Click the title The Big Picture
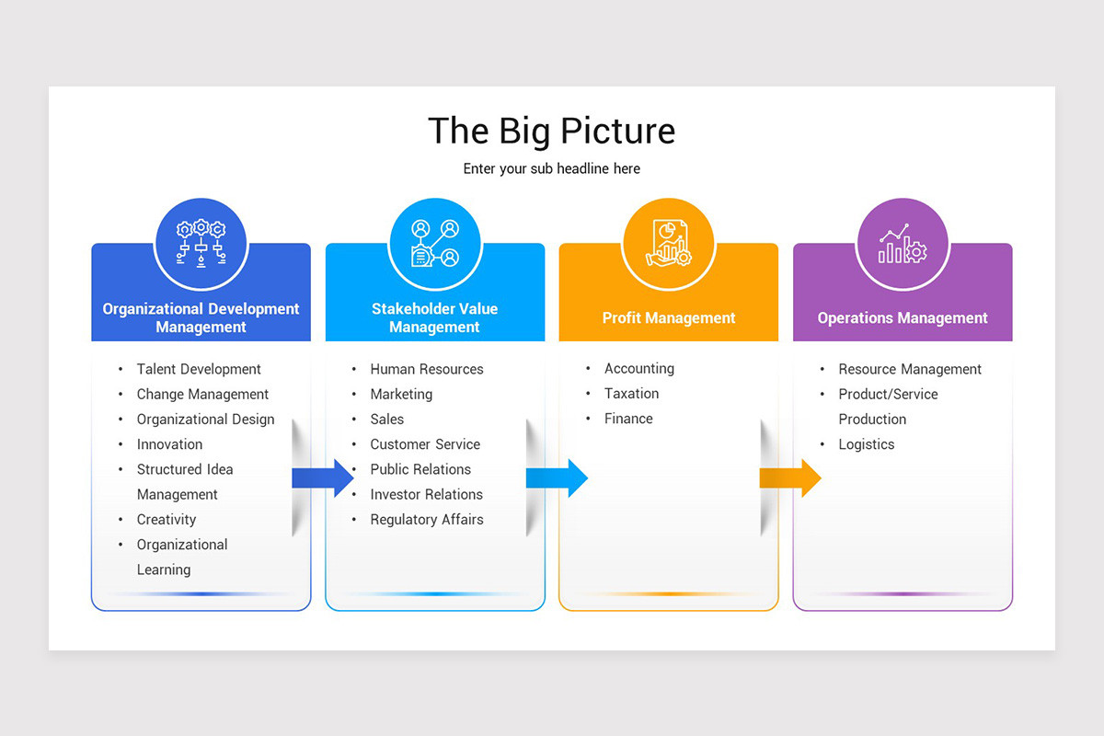[551, 131]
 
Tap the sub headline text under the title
[551, 169]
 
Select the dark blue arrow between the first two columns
[323, 477]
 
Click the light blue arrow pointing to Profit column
[557, 477]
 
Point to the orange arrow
[790, 477]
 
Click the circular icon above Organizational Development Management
[201, 243]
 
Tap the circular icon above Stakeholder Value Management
[434, 243]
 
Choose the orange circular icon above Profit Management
[668, 243]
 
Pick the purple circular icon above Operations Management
[903, 243]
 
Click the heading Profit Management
[669, 318]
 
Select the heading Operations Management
[903, 318]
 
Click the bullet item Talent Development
[199, 369]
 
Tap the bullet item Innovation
[169, 444]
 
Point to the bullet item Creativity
[167, 520]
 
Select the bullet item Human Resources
[427, 369]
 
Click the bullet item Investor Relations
[426, 495]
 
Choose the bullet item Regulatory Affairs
[427, 520]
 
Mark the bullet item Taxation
[631, 394]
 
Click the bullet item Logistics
[866, 444]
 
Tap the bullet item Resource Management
[910, 369]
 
